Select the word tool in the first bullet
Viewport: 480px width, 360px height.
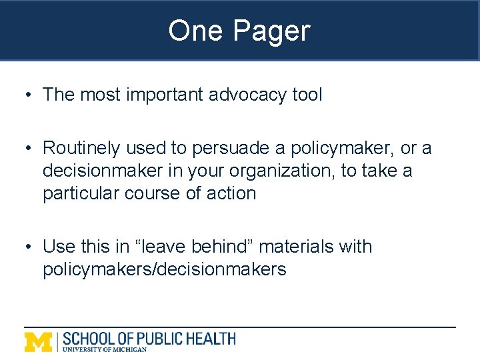point(307,95)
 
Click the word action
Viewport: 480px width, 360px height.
point(232,193)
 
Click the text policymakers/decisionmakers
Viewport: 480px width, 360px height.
point(164,269)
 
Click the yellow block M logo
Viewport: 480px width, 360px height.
point(39,341)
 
